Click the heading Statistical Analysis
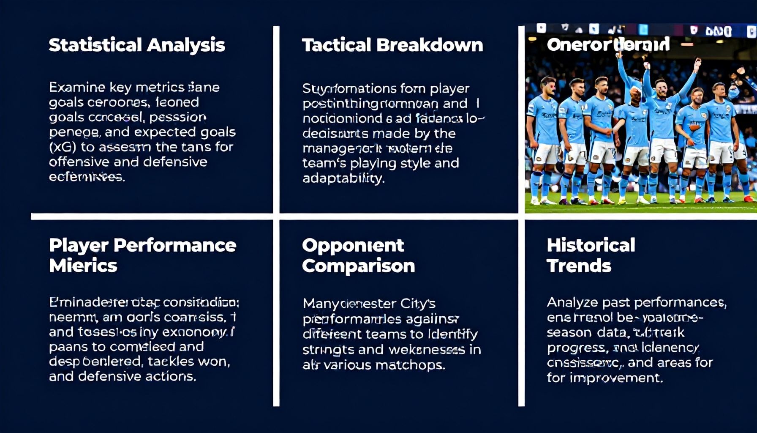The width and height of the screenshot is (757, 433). click(x=136, y=45)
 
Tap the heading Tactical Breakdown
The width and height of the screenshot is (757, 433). click(x=392, y=45)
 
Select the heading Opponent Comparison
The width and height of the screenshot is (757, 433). click(x=358, y=255)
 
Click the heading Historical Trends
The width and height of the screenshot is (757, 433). click(x=591, y=255)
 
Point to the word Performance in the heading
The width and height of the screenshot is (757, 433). click(x=175, y=245)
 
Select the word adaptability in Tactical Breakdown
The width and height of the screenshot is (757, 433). click(x=343, y=178)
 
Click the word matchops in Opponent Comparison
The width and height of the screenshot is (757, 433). click(x=416, y=364)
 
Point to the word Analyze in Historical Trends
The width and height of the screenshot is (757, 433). click(x=572, y=302)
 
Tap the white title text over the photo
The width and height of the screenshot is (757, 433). click(x=608, y=44)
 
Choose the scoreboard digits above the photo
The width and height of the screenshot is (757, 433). click(x=718, y=31)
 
